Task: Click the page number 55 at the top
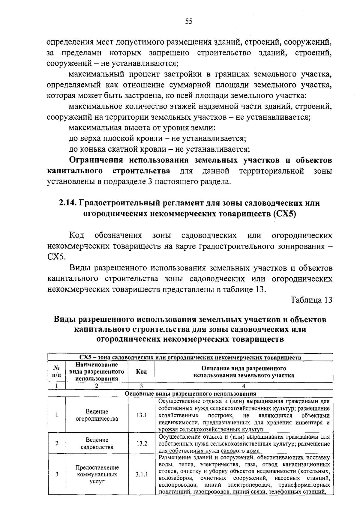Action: click(188, 21)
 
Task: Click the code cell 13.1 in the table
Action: click(141, 415)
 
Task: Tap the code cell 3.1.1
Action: click(141, 475)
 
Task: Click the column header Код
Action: click(141, 372)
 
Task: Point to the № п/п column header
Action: click(57, 372)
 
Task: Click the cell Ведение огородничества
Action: click(97, 415)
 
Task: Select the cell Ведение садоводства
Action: click(97, 443)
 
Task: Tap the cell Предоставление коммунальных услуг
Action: click(97, 475)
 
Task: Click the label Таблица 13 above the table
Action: click(311, 300)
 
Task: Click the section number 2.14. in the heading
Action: click(68, 203)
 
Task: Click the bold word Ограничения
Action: click(96, 160)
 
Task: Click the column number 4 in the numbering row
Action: click(244, 386)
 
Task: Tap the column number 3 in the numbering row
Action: click(141, 386)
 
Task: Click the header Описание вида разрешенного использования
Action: click(244, 372)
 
